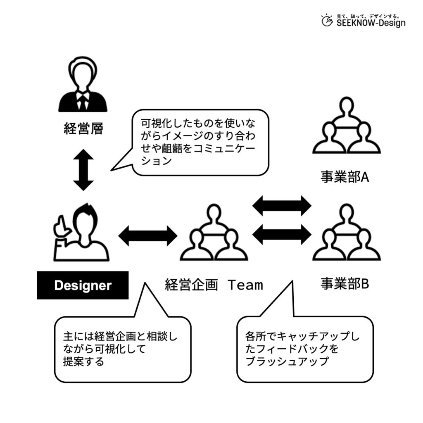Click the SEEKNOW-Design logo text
pyautogui.click(x=371, y=23)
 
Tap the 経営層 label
pyautogui.click(x=83, y=129)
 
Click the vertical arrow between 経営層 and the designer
pyautogui.click(x=83, y=170)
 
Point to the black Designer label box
pyautogui.click(x=83, y=285)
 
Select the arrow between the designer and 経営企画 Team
pyautogui.click(x=147, y=236)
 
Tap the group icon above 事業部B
pyautogui.click(x=346, y=233)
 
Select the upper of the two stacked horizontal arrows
pyautogui.click(x=282, y=205)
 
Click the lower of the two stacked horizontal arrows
pyautogui.click(x=282, y=235)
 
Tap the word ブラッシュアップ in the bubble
pyautogui.click(x=287, y=361)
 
